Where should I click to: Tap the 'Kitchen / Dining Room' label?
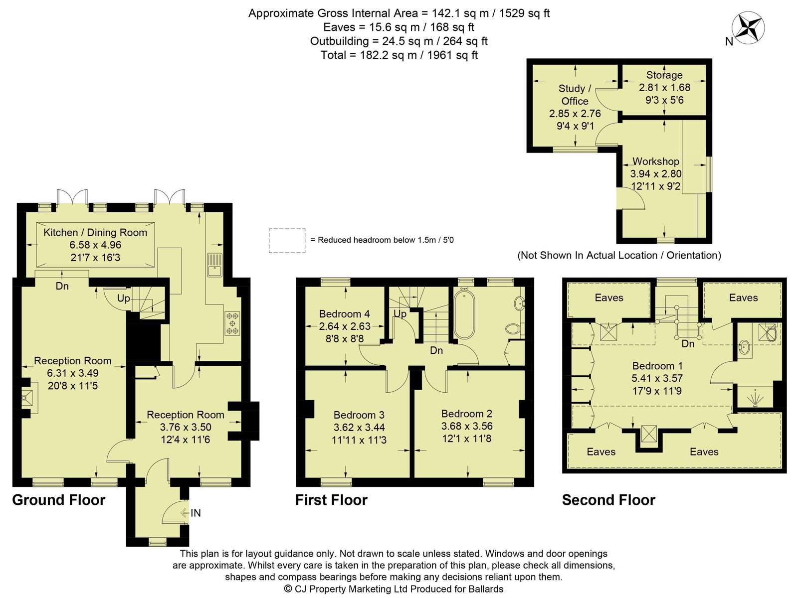click(x=95, y=232)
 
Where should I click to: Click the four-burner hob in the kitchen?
click(x=232, y=323)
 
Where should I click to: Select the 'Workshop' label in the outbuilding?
click(x=656, y=161)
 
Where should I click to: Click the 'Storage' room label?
click(x=664, y=75)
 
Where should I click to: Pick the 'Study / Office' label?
click(x=575, y=94)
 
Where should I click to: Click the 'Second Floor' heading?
click(x=608, y=500)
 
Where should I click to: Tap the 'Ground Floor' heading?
click(x=59, y=500)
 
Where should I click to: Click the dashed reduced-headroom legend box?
click(x=287, y=240)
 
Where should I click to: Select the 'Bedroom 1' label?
click(x=657, y=366)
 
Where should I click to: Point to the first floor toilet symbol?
click(x=513, y=328)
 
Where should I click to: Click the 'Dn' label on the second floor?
click(x=688, y=343)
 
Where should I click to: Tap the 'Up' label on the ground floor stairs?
click(x=123, y=299)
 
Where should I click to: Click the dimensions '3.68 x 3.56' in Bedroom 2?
click(x=467, y=426)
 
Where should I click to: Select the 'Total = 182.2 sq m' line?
click(x=399, y=55)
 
